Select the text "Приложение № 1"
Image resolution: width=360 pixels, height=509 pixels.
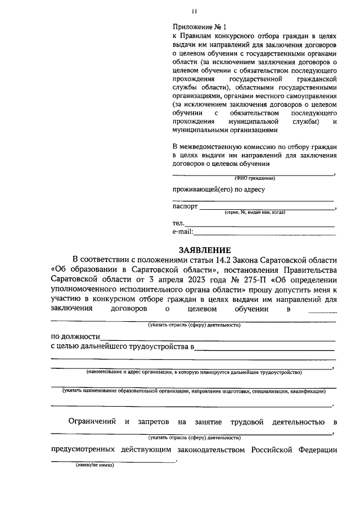point(199,26)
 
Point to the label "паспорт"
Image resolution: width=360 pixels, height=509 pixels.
point(185,206)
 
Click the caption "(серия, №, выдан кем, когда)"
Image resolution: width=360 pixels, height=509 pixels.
point(254,213)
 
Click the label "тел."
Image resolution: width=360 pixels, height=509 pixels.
point(179,224)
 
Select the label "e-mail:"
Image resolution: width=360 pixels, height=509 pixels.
point(183,232)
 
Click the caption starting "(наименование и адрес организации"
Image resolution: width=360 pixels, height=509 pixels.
point(193,372)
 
